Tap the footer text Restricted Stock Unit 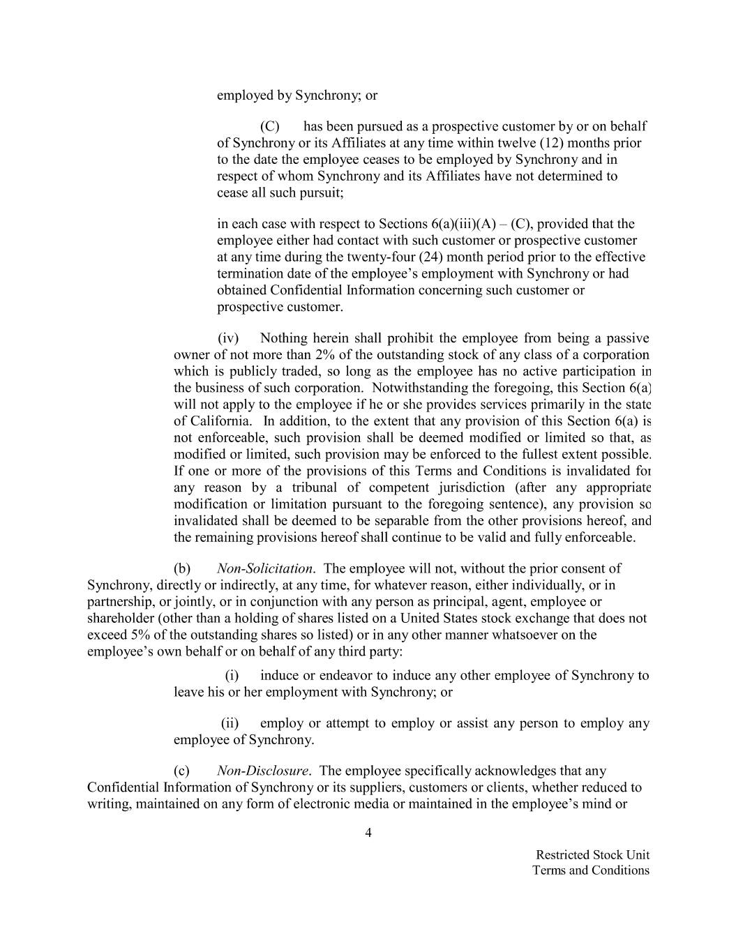[592, 854]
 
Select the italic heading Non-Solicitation [264, 568]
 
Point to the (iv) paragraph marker [228, 338]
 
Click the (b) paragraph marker [182, 568]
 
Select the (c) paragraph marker [182, 771]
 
